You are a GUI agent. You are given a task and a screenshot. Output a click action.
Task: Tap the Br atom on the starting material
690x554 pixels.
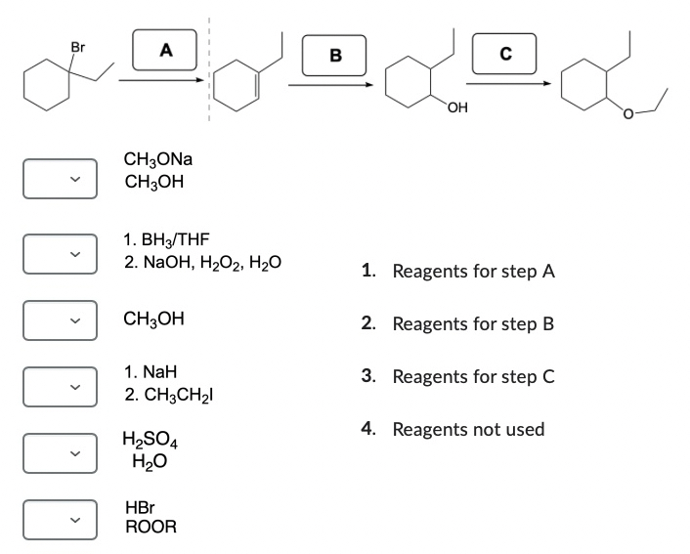click(78, 47)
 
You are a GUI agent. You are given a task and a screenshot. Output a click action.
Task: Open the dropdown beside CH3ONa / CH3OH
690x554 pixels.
click(61, 177)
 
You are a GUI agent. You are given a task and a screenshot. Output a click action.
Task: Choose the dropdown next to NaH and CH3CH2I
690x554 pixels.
click(61, 386)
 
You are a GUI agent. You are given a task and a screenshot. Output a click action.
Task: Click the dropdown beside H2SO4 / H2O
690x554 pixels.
click(61, 450)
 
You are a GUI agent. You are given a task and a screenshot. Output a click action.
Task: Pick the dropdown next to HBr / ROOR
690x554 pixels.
click(61, 518)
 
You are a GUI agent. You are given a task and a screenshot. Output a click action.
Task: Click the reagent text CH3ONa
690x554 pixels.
click(158, 159)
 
